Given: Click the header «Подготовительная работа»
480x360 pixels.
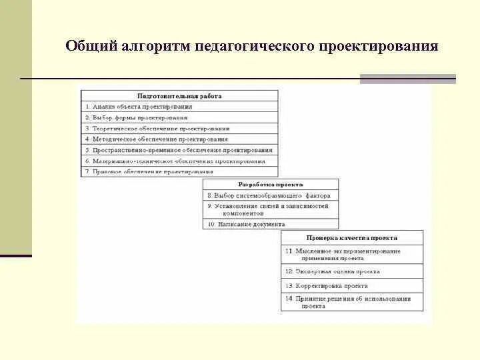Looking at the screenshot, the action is [179, 96].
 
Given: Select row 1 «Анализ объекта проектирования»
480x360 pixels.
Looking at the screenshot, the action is [139, 107].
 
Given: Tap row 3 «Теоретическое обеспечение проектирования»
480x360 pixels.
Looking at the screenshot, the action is [157, 128].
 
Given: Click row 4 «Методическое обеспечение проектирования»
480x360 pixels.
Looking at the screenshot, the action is [156, 139].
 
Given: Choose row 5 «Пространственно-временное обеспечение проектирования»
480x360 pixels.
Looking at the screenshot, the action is [179, 150].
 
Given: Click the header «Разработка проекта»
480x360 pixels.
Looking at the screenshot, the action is [271, 184].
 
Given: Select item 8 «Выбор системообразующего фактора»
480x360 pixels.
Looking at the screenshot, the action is [264, 196].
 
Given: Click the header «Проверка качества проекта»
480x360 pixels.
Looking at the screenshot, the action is [352, 237].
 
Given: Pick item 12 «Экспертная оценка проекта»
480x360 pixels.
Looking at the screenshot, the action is [333, 271].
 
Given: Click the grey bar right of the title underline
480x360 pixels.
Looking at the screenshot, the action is [407, 79].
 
